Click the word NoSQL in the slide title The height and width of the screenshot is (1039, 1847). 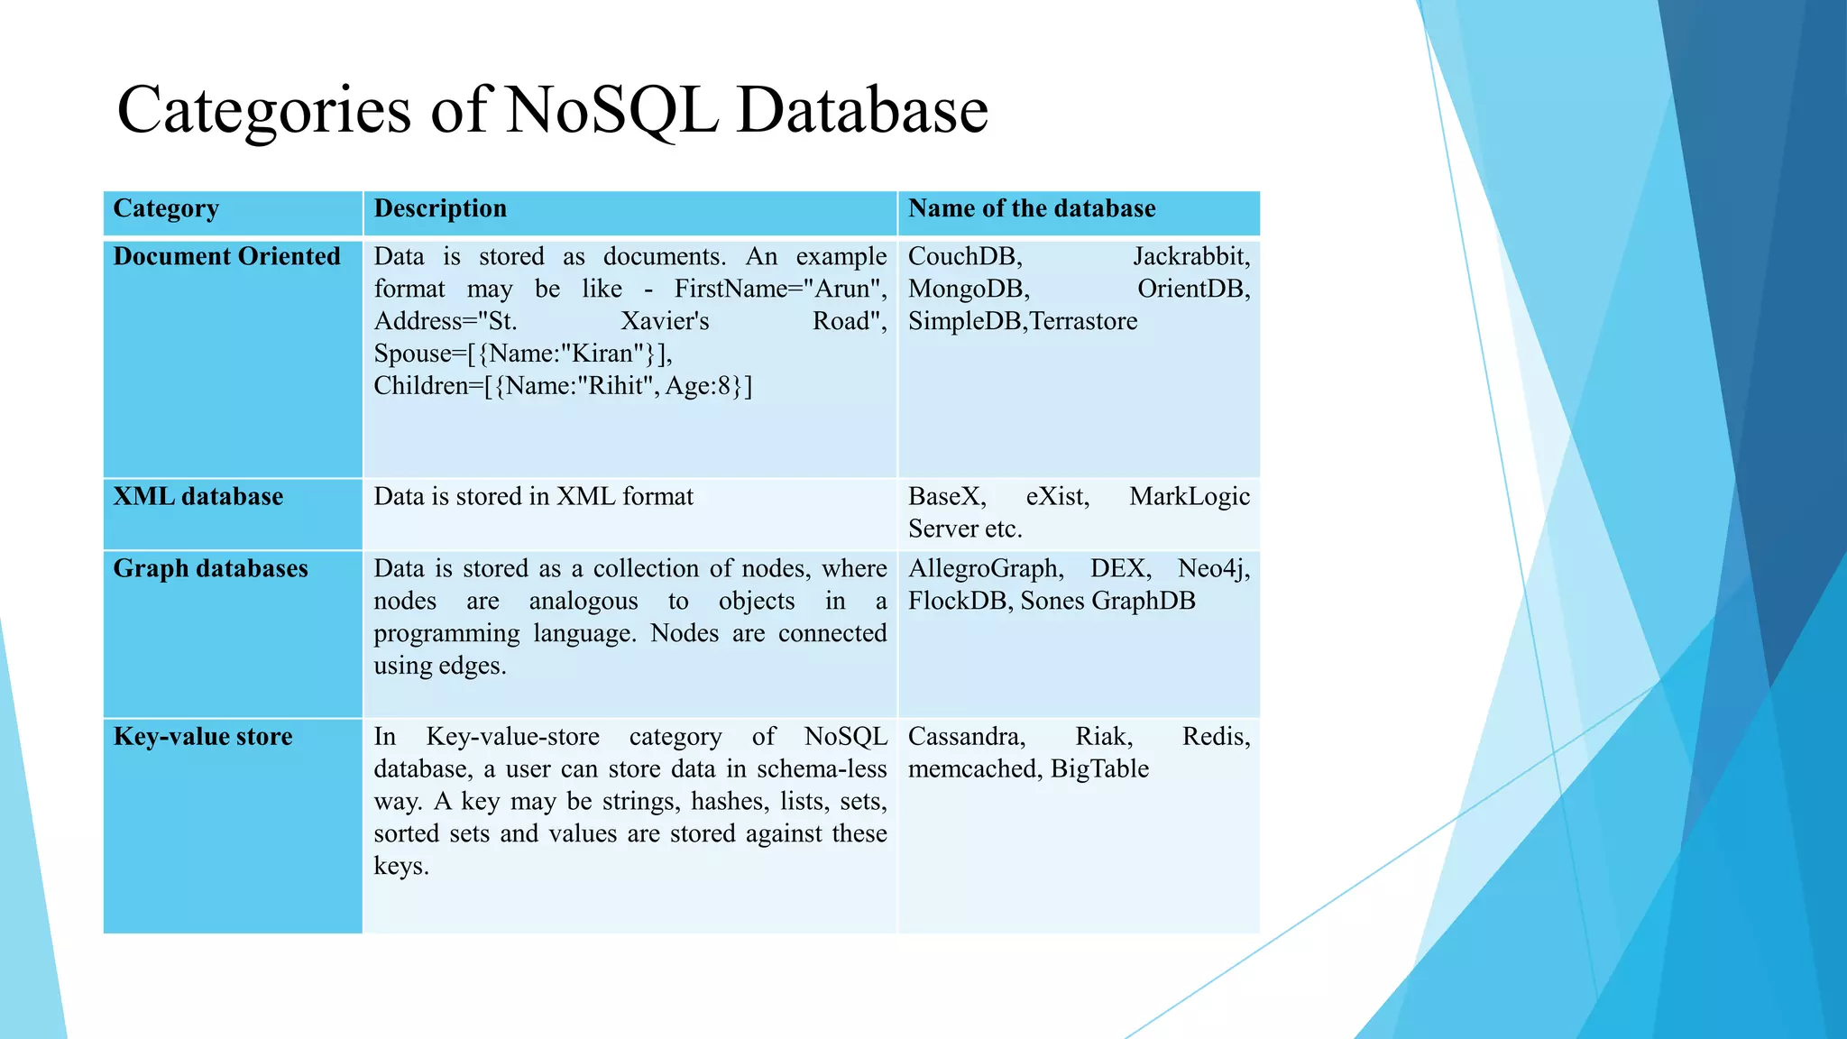point(611,110)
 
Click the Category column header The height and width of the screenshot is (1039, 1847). point(166,209)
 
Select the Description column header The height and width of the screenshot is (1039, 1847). point(440,209)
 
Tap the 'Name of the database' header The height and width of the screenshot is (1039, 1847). point(1032,209)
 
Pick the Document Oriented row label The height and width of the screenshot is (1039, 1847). point(226,257)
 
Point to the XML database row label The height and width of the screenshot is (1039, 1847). point(198,497)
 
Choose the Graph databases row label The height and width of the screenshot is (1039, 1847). point(210,569)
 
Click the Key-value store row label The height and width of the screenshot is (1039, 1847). point(203,737)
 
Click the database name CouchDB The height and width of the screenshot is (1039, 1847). point(964,257)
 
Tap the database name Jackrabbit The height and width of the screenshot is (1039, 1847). point(1190,257)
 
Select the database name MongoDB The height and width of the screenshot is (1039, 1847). point(968,290)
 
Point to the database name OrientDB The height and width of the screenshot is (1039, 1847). point(1192,290)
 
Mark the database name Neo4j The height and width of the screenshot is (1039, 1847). point(1212,569)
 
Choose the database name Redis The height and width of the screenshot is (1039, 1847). point(1215,737)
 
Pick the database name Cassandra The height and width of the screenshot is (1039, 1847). point(966,737)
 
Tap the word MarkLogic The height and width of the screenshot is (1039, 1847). point(1189,497)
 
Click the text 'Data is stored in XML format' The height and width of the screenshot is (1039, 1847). point(534,497)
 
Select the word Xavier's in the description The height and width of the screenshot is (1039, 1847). point(665,322)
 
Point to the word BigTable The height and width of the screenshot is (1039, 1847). point(1099,769)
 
